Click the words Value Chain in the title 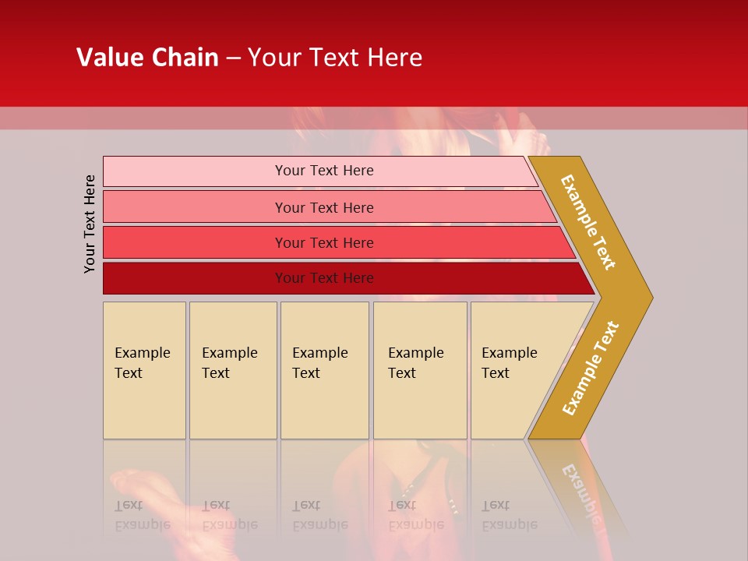coord(147,58)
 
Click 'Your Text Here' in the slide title coord(335,58)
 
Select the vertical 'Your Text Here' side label coord(90,224)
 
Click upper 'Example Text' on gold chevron coord(588,222)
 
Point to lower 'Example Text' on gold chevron coord(591,368)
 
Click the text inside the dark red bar coord(324,278)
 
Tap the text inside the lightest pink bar coord(324,171)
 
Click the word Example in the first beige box coord(142,353)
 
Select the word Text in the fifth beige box coord(496,373)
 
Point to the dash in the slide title coord(233,58)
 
